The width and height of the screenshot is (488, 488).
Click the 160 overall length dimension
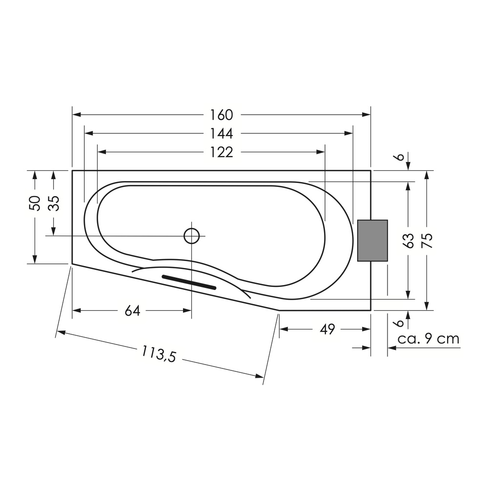[221, 115]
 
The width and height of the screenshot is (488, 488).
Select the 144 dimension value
[221, 134]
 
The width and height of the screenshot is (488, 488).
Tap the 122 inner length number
[221, 152]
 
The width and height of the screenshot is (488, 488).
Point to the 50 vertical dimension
[35, 203]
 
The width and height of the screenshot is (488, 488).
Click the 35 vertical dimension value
[54, 203]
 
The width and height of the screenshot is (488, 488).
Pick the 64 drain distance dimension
[133, 310]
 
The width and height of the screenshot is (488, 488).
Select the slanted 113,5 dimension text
[159, 354]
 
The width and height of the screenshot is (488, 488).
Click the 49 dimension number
[327, 329]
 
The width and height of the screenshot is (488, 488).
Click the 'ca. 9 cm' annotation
[428, 339]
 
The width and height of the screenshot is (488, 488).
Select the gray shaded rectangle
[372, 241]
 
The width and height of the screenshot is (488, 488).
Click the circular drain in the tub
[191, 236]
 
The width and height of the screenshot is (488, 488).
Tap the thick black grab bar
[189, 282]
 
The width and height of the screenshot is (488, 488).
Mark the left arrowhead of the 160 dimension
[77, 115]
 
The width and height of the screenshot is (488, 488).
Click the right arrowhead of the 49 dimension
[366, 329]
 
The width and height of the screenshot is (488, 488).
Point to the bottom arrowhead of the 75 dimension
[427, 306]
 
